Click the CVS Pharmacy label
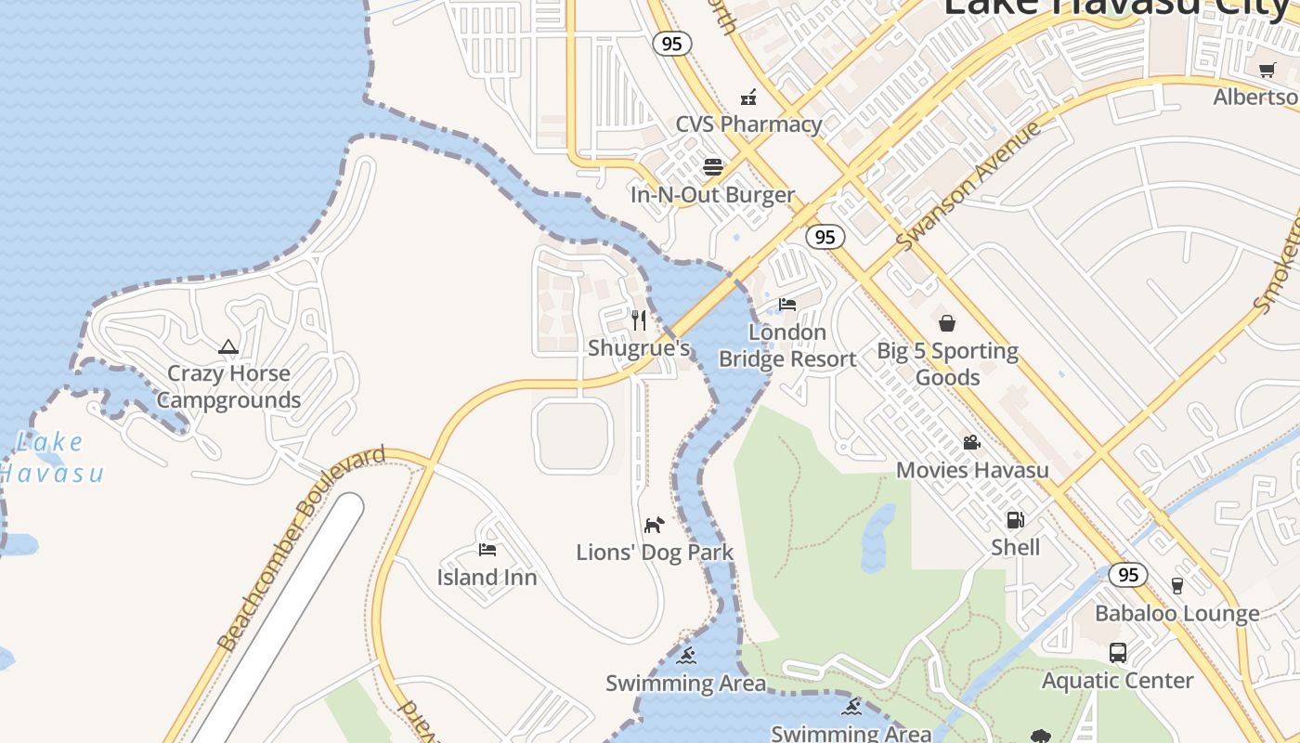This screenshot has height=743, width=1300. (748, 124)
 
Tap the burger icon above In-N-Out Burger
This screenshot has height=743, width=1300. (713, 167)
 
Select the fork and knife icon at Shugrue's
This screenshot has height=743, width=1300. (639, 320)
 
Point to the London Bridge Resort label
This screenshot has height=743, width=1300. (787, 345)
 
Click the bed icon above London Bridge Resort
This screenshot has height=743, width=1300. (787, 305)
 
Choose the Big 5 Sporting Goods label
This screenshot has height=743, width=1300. (947, 364)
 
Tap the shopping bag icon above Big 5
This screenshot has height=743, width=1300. (947, 323)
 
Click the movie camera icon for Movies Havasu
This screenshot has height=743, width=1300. (971, 442)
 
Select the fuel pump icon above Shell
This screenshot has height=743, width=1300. (1016, 520)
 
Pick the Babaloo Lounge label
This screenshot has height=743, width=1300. (1176, 614)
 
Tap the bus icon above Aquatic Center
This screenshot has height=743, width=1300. (1117, 653)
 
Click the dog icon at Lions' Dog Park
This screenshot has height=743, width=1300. (655, 525)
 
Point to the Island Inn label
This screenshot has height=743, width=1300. (487, 578)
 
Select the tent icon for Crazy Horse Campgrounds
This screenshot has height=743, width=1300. (228, 347)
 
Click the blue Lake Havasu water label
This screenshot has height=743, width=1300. (51, 457)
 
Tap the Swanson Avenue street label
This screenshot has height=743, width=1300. (968, 186)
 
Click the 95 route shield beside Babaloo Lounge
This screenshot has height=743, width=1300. (1127, 575)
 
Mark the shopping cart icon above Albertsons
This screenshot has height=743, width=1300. (1267, 70)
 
